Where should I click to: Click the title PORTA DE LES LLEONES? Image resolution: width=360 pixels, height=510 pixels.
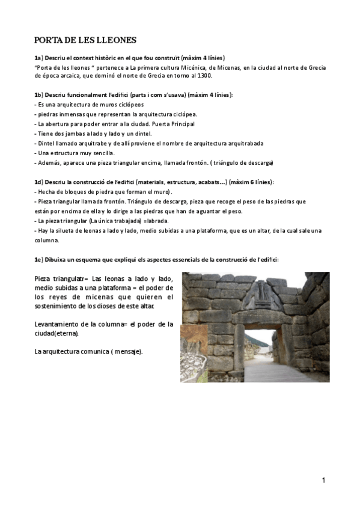85,41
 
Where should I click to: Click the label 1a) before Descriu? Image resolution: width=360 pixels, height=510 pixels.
40,58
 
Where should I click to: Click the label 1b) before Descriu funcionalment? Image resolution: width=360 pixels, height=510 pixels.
40,96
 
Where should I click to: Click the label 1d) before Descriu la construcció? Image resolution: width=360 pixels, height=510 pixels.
40,182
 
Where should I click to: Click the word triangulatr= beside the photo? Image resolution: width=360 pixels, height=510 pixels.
67,278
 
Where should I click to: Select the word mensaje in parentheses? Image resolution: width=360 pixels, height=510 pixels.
128,351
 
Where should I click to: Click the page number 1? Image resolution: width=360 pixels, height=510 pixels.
323,480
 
